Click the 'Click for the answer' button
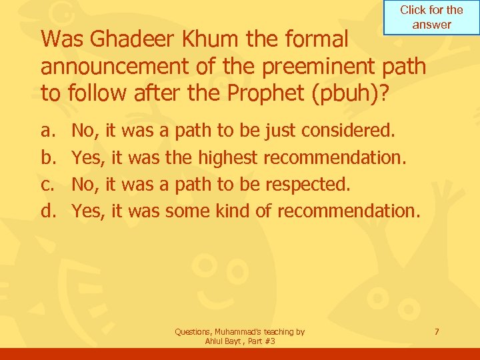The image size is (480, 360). (x=431, y=17)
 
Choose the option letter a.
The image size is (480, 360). (x=47, y=130)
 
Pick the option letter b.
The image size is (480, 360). (x=47, y=157)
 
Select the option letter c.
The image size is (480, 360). (x=47, y=184)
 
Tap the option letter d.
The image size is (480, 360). (x=47, y=211)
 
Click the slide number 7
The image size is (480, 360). (x=437, y=331)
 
